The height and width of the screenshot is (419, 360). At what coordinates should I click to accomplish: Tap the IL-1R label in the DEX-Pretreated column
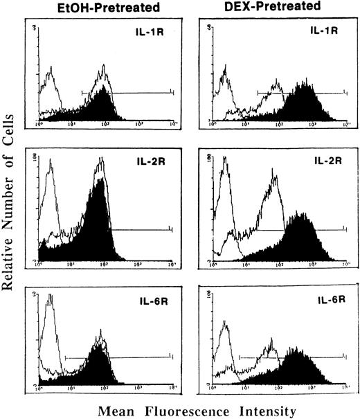(316, 32)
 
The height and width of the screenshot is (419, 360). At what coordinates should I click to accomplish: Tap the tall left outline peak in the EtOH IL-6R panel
(49, 326)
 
